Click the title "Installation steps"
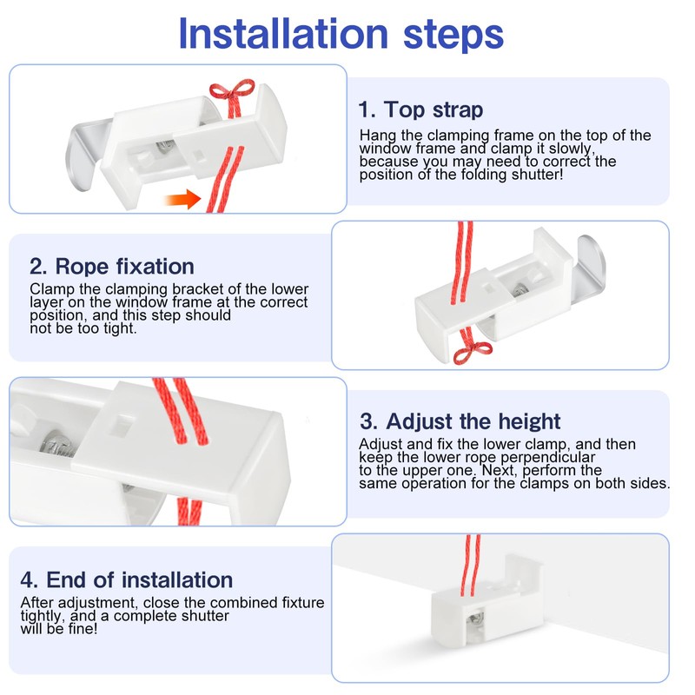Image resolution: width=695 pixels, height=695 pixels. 341,35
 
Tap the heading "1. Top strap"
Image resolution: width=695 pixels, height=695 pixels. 420,109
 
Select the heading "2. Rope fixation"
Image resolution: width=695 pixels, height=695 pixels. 112,267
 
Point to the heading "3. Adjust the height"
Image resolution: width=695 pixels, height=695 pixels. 460,421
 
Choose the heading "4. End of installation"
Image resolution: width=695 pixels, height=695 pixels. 127,579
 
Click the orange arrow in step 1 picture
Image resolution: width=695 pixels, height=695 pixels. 182,199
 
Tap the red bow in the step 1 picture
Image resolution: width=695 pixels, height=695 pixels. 232,96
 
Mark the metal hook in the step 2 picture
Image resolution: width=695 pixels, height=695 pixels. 590,269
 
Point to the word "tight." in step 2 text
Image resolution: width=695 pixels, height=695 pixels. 120,328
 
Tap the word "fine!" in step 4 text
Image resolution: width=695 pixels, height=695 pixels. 83,628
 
